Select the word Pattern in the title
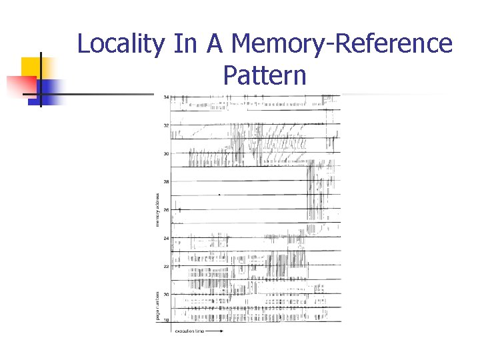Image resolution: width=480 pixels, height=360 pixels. pyautogui.click(x=265, y=75)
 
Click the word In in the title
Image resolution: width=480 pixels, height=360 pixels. pyautogui.click(x=186, y=44)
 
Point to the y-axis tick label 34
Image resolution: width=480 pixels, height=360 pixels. pyautogui.click(x=166, y=97)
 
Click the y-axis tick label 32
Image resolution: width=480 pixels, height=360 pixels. pyautogui.click(x=166, y=125)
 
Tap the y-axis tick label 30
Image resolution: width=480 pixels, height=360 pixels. pyautogui.click(x=166, y=153)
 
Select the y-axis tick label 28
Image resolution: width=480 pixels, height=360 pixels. pyautogui.click(x=166, y=181)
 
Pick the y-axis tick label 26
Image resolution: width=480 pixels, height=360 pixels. pyautogui.click(x=166, y=210)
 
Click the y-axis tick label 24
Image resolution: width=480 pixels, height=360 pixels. pyautogui.click(x=166, y=238)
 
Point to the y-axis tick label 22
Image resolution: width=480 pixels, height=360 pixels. pyautogui.click(x=166, y=266)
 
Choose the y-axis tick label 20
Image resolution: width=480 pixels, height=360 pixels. pyautogui.click(x=166, y=294)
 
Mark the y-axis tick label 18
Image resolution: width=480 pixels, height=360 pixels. pyautogui.click(x=166, y=321)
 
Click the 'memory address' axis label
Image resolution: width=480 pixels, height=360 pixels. pyautogui.click(x=158, y=209)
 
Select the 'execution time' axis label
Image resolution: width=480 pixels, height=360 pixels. pyautogui.click(x=189, y=331)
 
